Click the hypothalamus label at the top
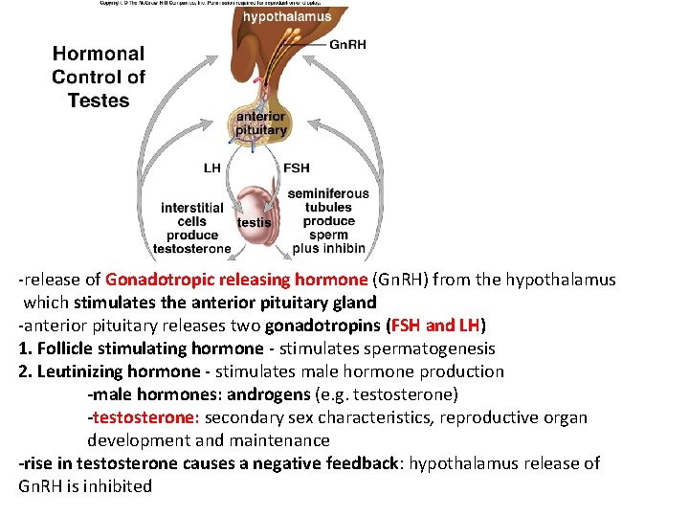coord(286,16)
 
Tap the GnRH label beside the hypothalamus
coord(347,44)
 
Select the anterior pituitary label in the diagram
coord(260,124)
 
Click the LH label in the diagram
coord(212,168)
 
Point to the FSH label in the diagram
coord(296,168)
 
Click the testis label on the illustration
coord(254,222)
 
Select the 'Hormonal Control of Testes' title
coord(99,77)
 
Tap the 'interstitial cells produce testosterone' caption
coord(192,228)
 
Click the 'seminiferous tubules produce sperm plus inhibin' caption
coord(328,221)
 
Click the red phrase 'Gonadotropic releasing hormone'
coord(236,280)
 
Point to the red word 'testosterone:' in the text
coord(145,417)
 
